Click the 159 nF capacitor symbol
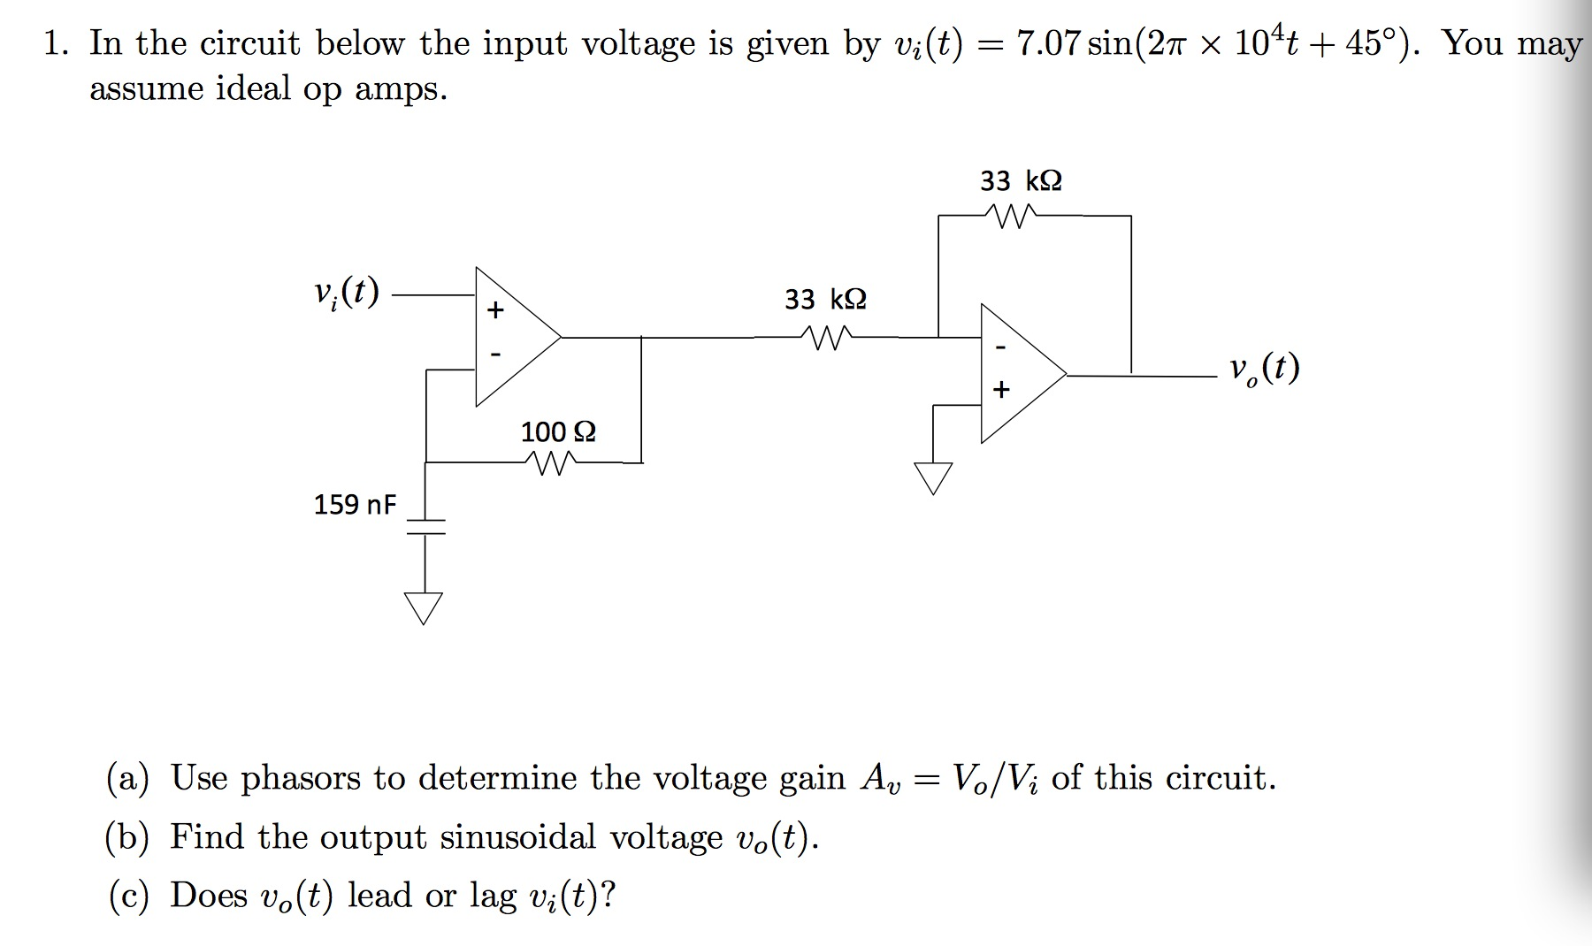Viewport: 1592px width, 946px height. (425, 527)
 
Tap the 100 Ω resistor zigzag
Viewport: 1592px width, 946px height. (549, 462)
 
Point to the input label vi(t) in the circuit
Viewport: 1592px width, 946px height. (346, 294)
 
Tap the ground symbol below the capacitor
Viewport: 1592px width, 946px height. (424, 608)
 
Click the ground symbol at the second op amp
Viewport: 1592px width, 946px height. (933, 478)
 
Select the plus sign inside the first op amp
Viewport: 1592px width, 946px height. (495, 310)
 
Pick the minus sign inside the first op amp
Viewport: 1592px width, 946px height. (495, 355)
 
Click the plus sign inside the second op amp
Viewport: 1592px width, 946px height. (1000, 389)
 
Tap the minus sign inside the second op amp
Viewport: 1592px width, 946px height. (1000, 348)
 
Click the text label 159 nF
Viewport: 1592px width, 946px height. (355, 505)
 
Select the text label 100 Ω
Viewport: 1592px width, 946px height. (558, 432)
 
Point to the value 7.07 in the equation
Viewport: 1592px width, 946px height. (1047, 43)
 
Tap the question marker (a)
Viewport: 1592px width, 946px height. (127, 779)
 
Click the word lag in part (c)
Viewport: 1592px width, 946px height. (493, 896)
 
